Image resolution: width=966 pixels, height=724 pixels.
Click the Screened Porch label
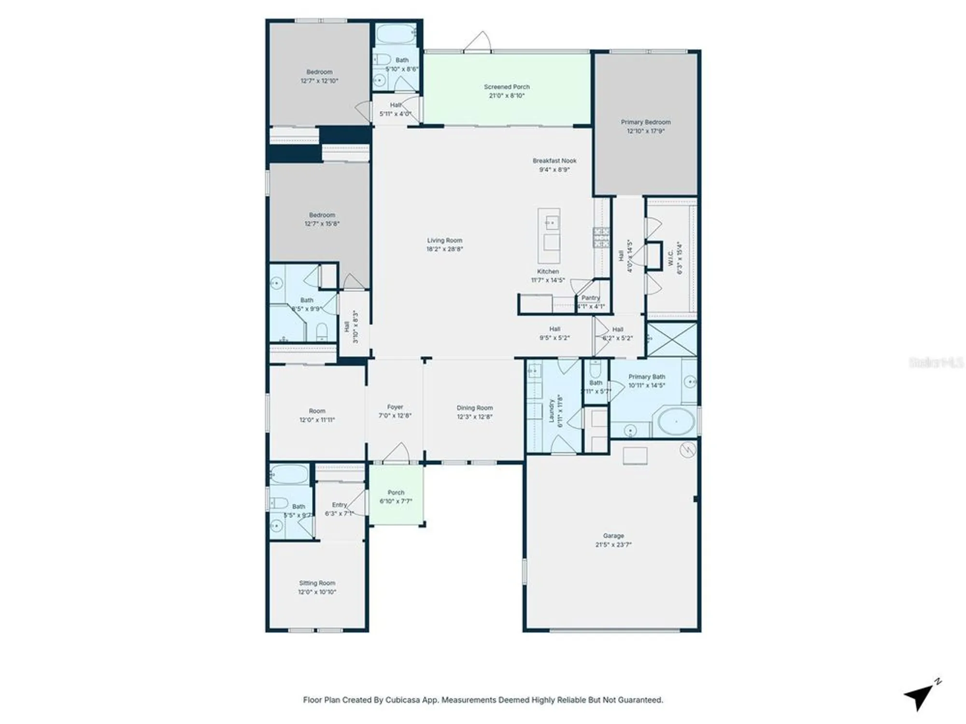pyautogui.click(x=507, y=87)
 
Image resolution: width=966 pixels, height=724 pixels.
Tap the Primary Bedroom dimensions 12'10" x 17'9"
pyautogui.click(x=646, y=131)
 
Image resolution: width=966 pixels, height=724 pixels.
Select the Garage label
pyautogui.click(x=613, y=536)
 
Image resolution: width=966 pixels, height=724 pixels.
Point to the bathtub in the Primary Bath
pyautogui.click(x=674, y=422)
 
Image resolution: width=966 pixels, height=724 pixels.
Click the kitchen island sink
pyautogui.click(x=550, y=223)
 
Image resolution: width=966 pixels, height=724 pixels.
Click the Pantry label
pyautogui.click(x=591, y=298)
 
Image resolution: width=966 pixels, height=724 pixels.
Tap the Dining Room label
pyautogui.click(x=475, y=408)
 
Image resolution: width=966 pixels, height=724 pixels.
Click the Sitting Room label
pyautogui.click(x=317, y=583)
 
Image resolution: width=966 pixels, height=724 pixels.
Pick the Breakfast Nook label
pyautogui.click(x=554, y=161)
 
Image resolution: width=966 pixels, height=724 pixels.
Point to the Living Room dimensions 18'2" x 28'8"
pyautogui.click(x=444, y=250)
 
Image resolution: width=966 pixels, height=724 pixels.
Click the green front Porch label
pyautogui.click(x=396, y=493)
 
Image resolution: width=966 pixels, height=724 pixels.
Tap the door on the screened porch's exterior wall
pyautogui.click(x=479, y=42)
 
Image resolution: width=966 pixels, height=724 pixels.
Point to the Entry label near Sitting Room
pyautogui.click(x=339, y=505)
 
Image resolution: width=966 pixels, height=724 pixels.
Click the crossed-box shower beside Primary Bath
pyautogui.click(x=672, y=340)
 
